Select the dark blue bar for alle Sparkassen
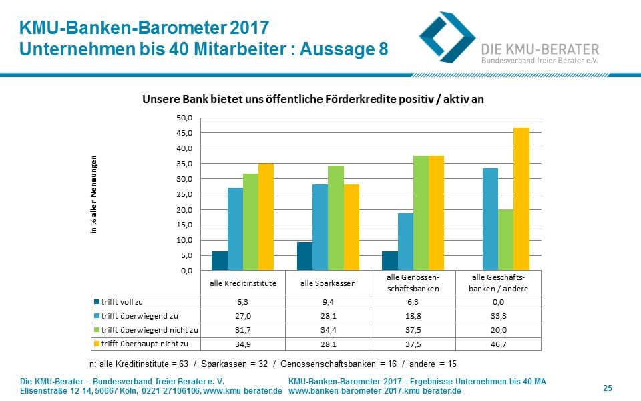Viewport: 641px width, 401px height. tap(304, 256)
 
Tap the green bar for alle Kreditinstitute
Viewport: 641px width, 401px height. tap(250, 222)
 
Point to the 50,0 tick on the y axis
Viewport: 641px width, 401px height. tap(184, 118)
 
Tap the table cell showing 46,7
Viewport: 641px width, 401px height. tap(498, 342)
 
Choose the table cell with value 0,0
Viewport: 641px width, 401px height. tap(498, 302)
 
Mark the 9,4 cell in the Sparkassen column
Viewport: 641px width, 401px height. tap(328, 302)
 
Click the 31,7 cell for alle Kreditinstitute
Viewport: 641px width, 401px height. tap(242, 329)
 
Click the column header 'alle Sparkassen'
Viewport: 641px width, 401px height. tap(328, 283)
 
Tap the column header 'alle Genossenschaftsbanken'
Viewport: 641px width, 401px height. tap(413, 283)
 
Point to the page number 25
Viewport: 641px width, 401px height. tap(608, 388)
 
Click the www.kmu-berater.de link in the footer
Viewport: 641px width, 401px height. tap(242, 390)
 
